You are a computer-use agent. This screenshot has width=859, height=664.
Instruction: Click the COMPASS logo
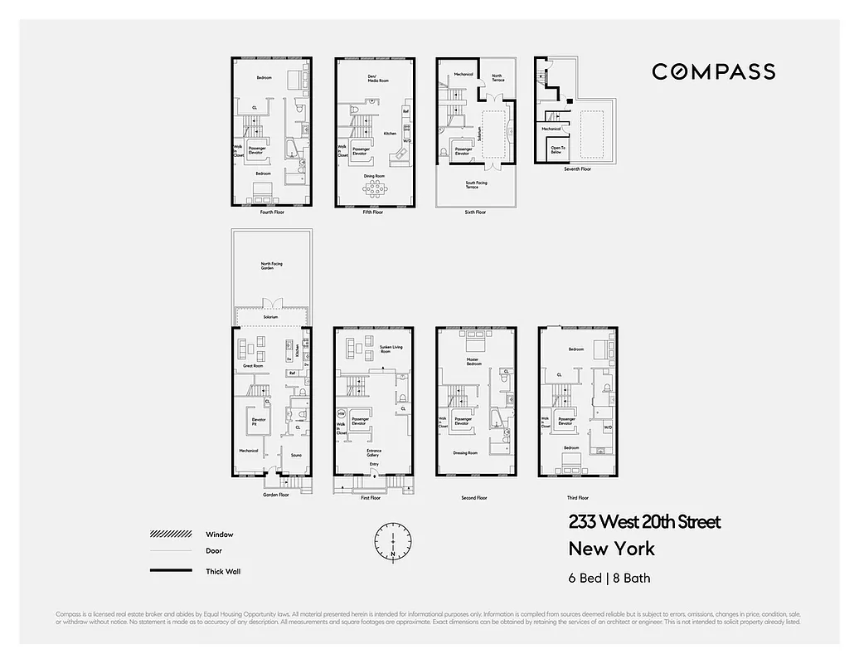[713, 71]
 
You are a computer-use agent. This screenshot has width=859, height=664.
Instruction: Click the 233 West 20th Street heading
[644, 522]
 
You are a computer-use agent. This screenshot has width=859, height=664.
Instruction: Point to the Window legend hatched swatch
[169, 535]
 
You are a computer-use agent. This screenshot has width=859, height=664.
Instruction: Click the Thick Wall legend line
[169, 571]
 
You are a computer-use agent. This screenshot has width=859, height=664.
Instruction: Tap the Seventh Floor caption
[577, 169]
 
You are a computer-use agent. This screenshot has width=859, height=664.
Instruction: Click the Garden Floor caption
[276, 495]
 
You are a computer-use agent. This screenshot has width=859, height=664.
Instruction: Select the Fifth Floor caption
[372, 212]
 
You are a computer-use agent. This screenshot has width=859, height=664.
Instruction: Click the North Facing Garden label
[271, 266]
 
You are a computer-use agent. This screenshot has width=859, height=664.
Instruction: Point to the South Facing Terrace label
[477, 185]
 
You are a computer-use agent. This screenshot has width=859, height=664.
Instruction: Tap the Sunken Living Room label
[391, 349]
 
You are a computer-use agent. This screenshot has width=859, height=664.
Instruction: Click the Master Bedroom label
[473, 362]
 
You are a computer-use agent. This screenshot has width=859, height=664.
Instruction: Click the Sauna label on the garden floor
[295, 455]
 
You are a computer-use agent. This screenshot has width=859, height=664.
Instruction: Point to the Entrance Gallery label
[374, 452]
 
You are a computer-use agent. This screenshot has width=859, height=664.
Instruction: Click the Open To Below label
[556, 150]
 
